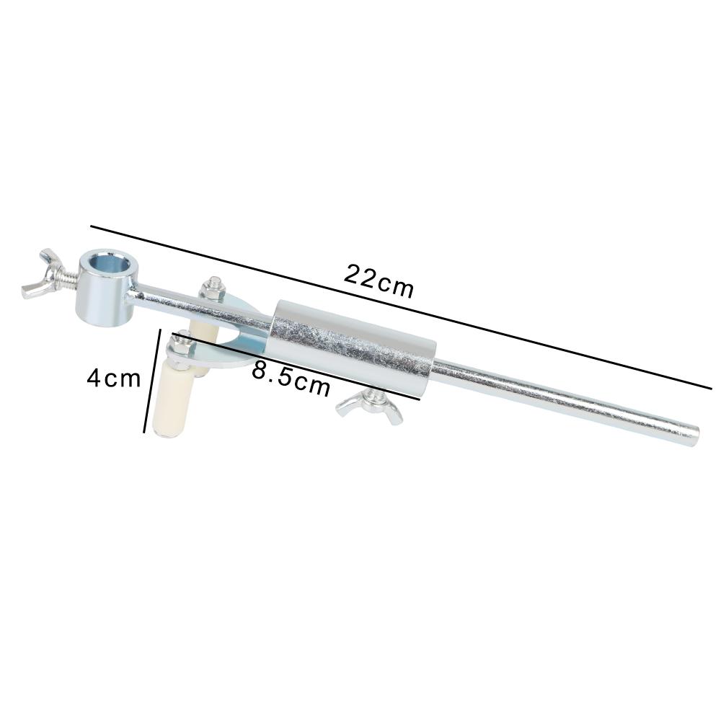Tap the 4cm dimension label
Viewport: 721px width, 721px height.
click(x=114, y=378)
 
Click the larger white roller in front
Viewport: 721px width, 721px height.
click(x=172, y=399)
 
